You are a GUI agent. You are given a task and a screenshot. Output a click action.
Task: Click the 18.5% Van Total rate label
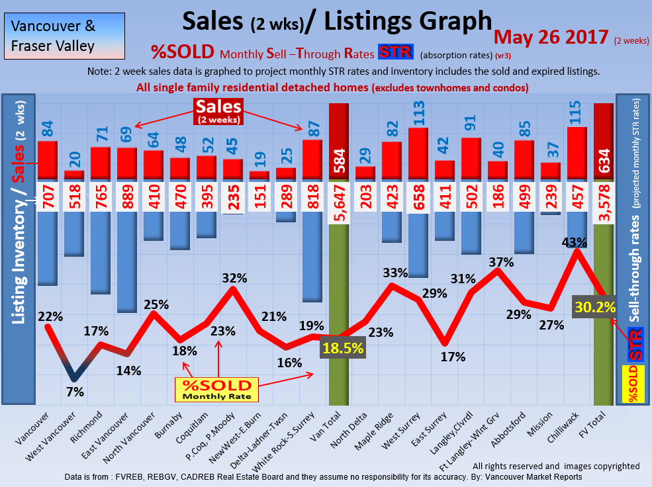tap(343, 348)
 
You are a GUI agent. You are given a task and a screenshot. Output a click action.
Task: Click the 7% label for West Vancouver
tap(75, 392)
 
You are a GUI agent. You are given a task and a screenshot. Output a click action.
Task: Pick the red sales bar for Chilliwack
tap(577, 152)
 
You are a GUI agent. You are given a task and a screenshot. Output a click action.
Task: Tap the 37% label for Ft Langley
tap(502, 262)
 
